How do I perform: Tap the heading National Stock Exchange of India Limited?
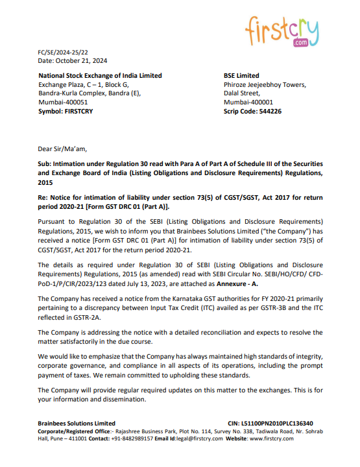pos(100,76)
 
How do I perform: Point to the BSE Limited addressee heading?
pos(241,76)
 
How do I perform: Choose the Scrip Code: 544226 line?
pos(252,111)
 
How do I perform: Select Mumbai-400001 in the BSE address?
pos(248,102)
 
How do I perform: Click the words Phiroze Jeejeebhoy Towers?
pos(265,84)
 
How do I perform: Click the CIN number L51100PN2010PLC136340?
pos(284,422)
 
